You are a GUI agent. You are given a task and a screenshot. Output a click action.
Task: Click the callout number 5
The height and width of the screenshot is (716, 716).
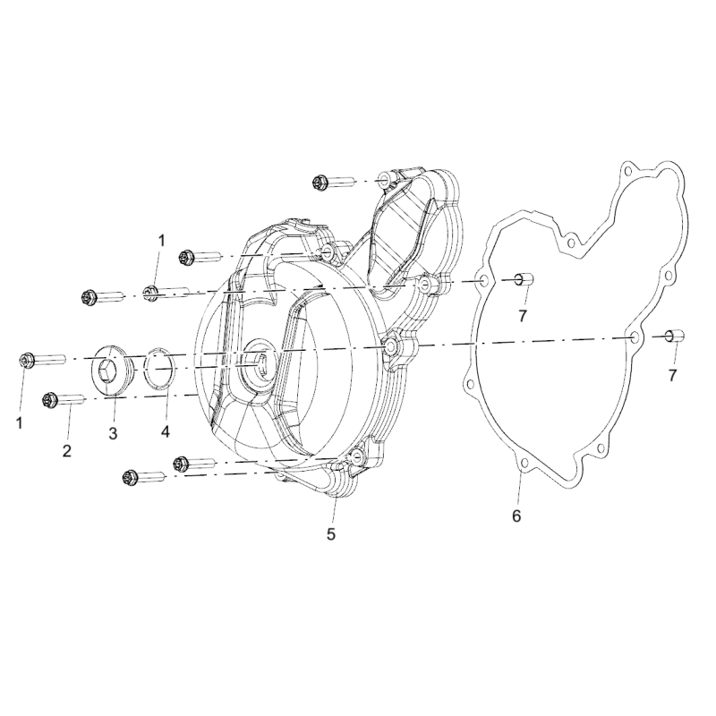pos(331,533)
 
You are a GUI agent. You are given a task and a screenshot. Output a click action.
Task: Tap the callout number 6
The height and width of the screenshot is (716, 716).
pos(516,516)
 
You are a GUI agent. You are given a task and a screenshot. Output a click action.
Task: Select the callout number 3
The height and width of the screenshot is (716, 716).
pos(113,433)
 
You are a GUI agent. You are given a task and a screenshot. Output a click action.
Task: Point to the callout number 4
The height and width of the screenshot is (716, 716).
pos(165,430)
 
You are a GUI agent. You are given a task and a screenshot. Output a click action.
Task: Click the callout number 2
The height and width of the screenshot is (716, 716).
pos(67,451)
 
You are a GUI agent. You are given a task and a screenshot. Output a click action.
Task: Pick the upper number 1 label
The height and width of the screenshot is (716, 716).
pos(161,240)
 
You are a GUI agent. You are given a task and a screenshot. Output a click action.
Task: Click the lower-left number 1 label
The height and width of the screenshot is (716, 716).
pos(20,423)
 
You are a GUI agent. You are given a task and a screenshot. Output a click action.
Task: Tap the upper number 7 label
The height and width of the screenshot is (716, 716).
pos(523,315)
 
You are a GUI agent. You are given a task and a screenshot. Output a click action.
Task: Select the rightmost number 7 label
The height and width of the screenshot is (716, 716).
pos(672,375)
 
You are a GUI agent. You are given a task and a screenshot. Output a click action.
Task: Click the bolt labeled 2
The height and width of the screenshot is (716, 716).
pos(63,401)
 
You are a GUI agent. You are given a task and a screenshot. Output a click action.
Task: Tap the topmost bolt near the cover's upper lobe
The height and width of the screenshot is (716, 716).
pos(335,183)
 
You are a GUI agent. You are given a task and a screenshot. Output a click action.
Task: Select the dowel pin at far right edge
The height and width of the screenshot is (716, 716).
pos(676,336)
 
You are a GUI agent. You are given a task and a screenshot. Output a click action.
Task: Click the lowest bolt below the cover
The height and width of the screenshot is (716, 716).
pos(144,478)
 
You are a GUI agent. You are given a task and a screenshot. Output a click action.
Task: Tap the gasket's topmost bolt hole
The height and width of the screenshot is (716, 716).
pos(627,171)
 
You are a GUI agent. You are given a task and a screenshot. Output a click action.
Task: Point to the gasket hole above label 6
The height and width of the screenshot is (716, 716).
pos(524,465)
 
